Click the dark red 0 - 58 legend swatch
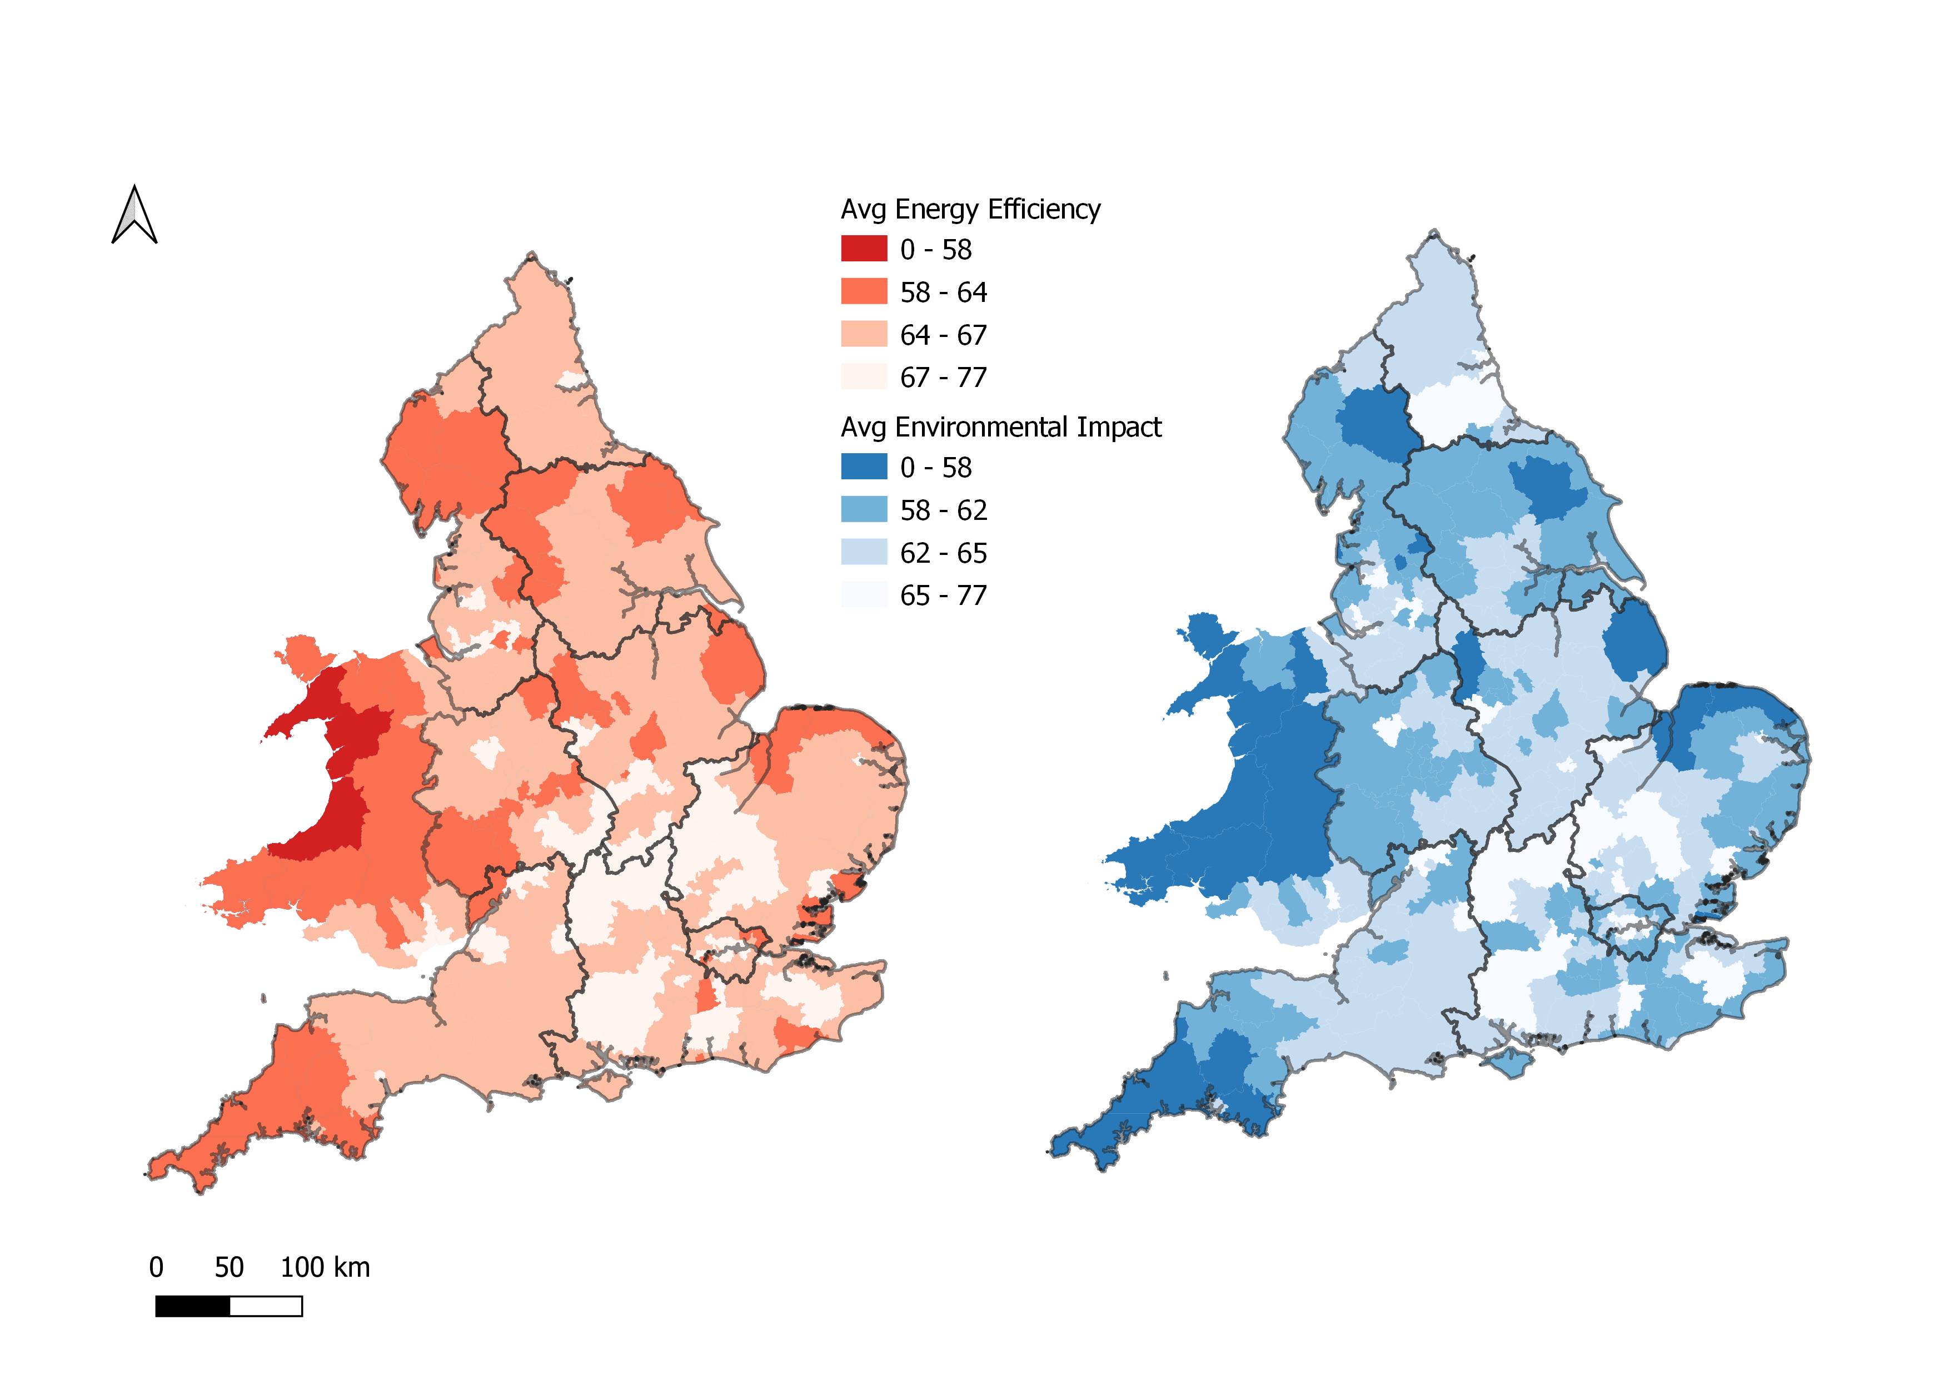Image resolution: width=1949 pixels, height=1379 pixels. coord(863,249)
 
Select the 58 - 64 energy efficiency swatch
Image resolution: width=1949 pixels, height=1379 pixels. coord(863,291)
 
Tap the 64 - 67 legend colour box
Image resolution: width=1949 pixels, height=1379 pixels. coord(863,334)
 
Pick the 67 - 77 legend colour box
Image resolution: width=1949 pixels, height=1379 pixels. coord(863,376)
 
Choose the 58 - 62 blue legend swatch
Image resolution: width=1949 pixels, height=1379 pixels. coord(863,509)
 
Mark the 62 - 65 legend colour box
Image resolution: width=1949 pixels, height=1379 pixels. coord(863,552)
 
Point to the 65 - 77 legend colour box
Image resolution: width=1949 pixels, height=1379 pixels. coord(863,594)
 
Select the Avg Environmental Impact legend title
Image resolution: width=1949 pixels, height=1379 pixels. coord(1000,427)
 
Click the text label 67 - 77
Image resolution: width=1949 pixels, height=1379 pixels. coord(943,377)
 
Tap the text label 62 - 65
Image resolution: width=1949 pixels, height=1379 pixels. coord(943,553)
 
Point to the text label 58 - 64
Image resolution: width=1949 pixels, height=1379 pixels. coord(943,292)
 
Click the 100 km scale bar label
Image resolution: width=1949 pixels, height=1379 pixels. coord(325,1267)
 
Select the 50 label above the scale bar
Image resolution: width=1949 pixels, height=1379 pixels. coord(228,1267)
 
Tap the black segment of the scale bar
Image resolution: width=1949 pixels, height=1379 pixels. coord(193,1306)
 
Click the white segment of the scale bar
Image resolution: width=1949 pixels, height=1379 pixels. coord(266,1306)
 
